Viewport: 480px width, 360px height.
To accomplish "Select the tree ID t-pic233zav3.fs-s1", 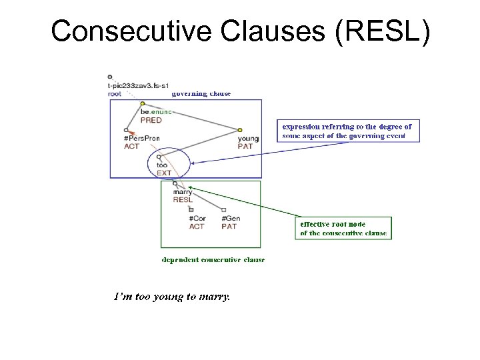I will tap(137, 86).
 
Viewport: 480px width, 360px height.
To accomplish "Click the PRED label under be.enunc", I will tap(151, 121).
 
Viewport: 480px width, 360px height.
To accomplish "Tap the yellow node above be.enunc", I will tap(143, 103).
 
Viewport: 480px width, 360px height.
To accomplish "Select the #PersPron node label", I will tap(141, 139).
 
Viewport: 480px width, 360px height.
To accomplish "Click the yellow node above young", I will tap(239, 130).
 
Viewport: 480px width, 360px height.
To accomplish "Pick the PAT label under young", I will tap(244, 147).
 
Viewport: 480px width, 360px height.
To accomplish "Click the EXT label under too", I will tap(164, 173).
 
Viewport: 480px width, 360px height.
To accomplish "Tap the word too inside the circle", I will tap(162, 165).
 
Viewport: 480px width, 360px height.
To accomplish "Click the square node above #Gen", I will tap(223, 210).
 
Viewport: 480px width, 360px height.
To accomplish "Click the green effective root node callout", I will tap(343, 228).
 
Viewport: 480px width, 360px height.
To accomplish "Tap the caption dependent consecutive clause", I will tap(213, 259).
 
